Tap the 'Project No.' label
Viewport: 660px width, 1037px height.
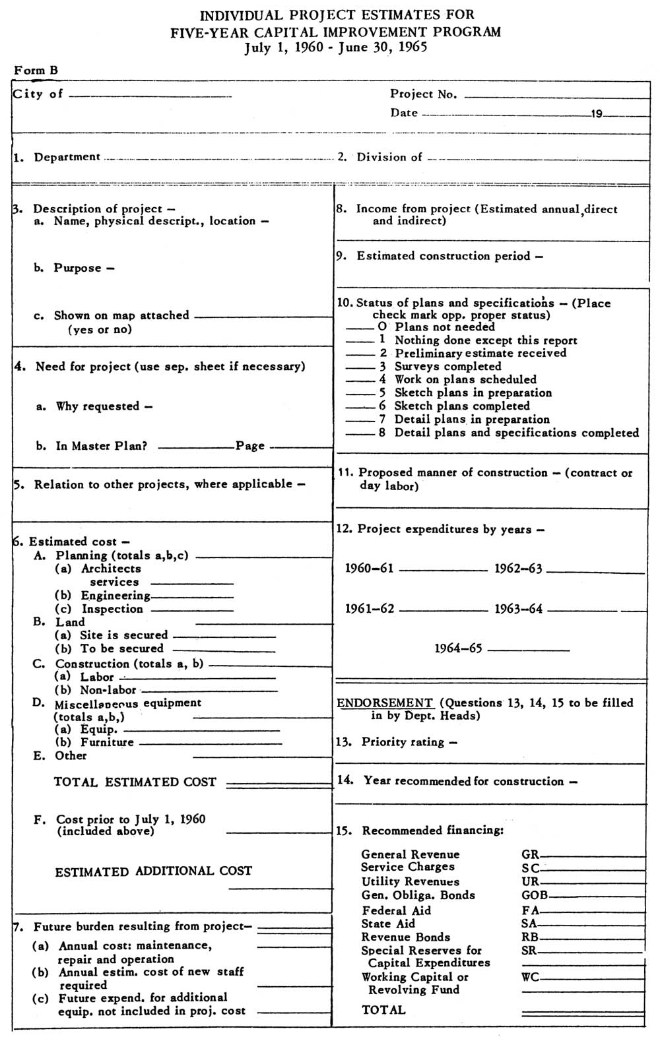[x=423, y=94]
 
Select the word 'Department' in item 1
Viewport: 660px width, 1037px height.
[x=67, y=157]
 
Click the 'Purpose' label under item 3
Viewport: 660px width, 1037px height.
[x=78, y=268]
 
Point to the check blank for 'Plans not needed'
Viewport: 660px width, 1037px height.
[x=360, y=328]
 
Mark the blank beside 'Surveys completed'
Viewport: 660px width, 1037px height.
[x=360, y=367]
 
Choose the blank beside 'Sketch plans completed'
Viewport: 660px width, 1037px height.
[x=360, y=407]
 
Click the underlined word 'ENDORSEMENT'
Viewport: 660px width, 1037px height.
[x=385, y=703]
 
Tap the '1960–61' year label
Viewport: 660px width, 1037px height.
[x=370, y=569]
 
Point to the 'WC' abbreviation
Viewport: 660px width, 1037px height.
[x=530, y=977]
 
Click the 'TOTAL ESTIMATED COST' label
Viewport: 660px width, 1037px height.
[x=135, y=782]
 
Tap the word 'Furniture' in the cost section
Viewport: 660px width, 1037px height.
[x=107, y=743]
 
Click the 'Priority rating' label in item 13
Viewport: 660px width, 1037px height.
[x=403, y=742]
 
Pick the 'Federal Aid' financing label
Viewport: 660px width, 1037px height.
[x=396, y=911]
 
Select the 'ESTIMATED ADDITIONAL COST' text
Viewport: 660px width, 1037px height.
[x=153, y=871]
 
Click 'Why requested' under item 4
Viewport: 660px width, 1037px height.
[x=98, y=407]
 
